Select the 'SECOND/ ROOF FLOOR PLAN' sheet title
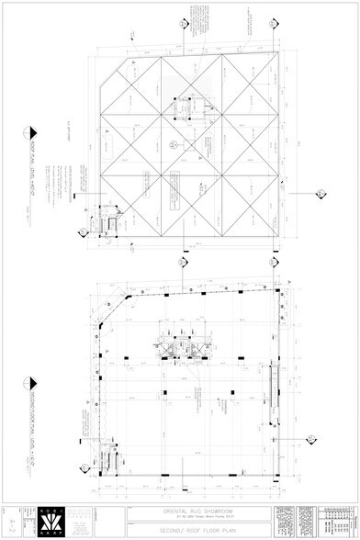click(x=195, y=528)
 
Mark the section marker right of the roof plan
click(x=321, y=193)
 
